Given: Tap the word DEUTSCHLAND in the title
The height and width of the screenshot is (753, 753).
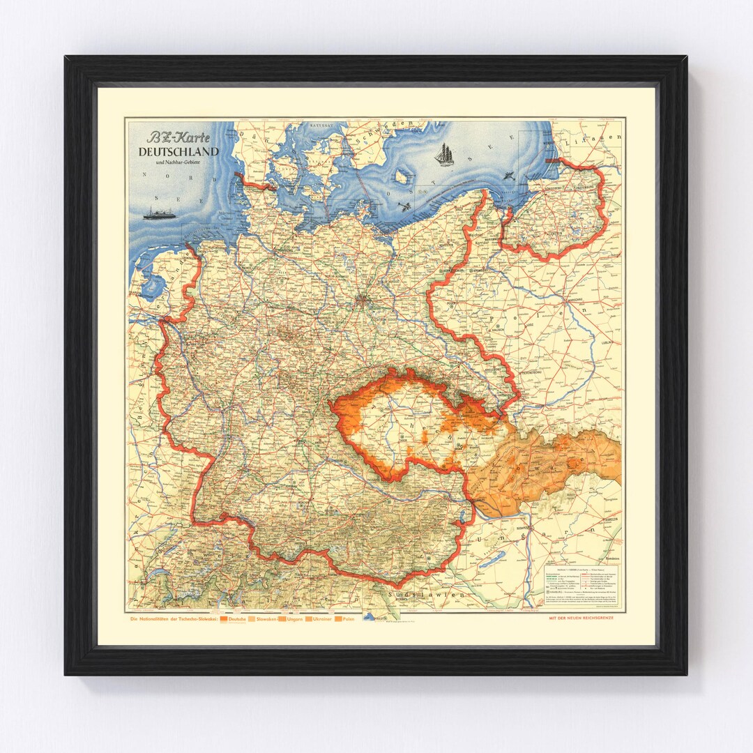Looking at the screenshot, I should coord(178,151).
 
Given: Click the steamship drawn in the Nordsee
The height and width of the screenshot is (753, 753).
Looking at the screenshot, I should coord(159,213).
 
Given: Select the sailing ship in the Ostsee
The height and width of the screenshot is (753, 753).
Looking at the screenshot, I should coord(443,154).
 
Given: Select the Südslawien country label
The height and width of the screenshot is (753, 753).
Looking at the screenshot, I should coord(418,595).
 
